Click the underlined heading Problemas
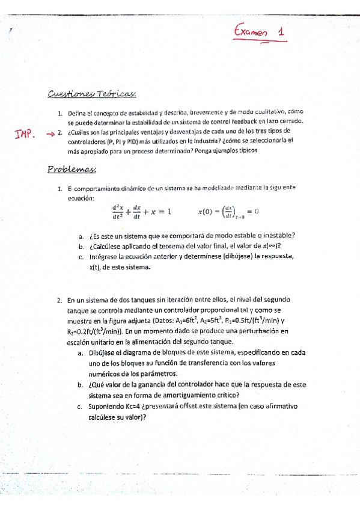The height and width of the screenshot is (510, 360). pyautogui.click(x=72, y=170)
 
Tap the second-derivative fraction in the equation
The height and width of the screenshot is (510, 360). pyautogui.click(x=117, y=210)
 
